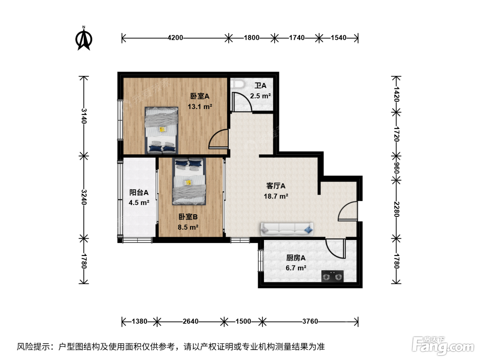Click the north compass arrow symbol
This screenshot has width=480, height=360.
point(84,38)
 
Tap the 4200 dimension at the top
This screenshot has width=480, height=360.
point(175,38)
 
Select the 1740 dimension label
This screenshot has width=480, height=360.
point(297,38)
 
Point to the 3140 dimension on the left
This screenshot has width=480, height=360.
point(84,116)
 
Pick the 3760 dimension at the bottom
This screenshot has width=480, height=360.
point(310,321)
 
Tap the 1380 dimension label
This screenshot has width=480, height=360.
point(140,321)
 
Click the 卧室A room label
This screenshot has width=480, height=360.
point(200,96)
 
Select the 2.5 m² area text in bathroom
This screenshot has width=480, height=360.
point(261,96)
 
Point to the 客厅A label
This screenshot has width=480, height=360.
point(276,186)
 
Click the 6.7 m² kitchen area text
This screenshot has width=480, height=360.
point(296,268)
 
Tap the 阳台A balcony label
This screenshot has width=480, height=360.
point(139,192)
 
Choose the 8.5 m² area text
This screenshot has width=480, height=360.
point(188,227)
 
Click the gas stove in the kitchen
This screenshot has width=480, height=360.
point(332,276)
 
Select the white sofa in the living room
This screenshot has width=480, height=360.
point(287,229)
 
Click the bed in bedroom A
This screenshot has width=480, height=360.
point(161,130)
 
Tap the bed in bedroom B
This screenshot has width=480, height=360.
point(189,181)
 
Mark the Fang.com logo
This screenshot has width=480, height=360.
point(443,346)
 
